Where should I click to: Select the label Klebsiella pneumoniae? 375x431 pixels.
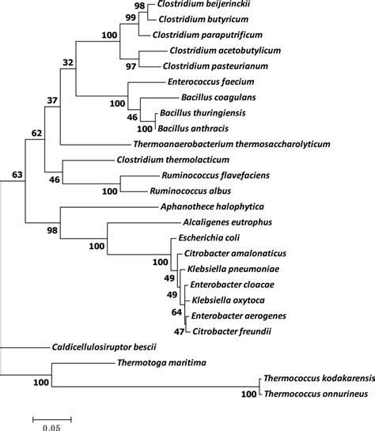(225, 269)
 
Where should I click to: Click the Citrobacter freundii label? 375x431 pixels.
(229, 331)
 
